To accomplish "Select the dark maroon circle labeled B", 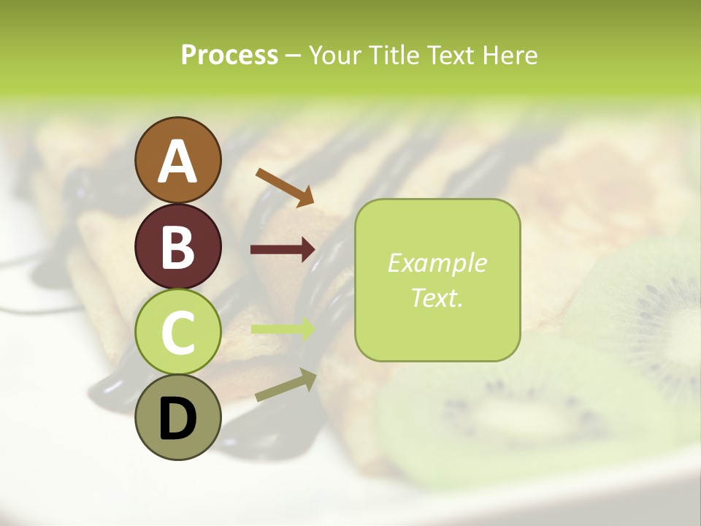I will point(177,246).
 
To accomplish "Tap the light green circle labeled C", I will point(177,332).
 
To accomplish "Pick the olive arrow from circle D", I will point(285,386).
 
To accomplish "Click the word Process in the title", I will point(229,56).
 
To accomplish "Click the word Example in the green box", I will point(437,263).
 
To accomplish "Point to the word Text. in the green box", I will point(437,297).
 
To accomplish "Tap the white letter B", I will point(177,248).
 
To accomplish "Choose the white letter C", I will point(177,333).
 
